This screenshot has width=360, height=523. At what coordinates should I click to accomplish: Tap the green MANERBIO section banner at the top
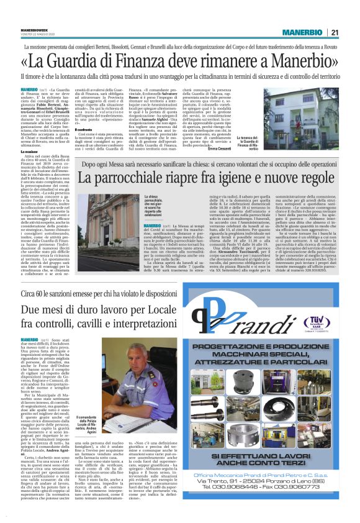pos(302,32)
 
